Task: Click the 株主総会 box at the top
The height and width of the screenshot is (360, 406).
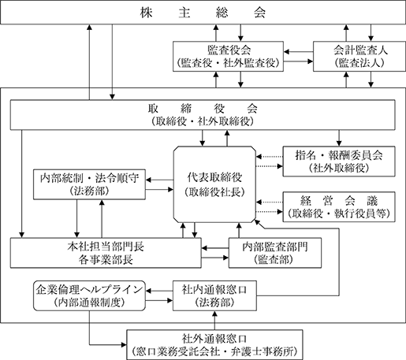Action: click(203, 12)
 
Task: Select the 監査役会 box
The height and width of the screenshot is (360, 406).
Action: click(228, 56)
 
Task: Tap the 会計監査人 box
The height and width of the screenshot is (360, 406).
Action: click(359, 56)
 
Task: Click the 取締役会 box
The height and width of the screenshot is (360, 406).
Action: click(203, 115)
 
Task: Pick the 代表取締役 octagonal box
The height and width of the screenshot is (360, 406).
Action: click(214, 184)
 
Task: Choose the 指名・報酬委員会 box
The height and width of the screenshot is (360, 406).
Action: click(339, 161)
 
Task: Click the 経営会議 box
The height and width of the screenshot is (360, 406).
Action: click(339, 207)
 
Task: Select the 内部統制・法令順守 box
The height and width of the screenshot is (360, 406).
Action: click(89, 184)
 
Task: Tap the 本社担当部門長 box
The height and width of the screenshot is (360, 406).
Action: click(106, 253)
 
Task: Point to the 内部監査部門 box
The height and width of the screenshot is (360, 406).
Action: click(275, 253)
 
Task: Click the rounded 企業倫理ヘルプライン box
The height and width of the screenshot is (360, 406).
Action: click(89, 295)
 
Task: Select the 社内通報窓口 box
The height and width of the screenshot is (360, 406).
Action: click(214, 295)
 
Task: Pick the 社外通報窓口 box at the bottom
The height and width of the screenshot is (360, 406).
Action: click(214, 345)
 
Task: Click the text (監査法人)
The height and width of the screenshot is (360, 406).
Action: click(359, 63)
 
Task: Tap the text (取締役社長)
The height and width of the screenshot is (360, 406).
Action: click(214, 192)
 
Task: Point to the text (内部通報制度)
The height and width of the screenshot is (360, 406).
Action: click(89, 302)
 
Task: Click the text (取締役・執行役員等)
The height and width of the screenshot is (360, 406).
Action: click(339, 213)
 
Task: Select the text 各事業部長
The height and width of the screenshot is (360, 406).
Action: click(106, 260)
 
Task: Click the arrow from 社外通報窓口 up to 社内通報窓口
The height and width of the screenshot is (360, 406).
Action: click(214, 321)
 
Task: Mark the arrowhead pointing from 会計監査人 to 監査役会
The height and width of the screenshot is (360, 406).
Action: click(286, 52)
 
